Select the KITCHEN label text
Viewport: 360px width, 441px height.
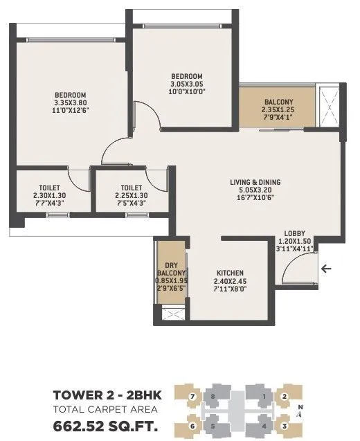229,272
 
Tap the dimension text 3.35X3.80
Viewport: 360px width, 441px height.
71,103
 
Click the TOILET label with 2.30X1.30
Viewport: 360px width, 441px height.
49,187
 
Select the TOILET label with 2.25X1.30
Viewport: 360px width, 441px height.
131,187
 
